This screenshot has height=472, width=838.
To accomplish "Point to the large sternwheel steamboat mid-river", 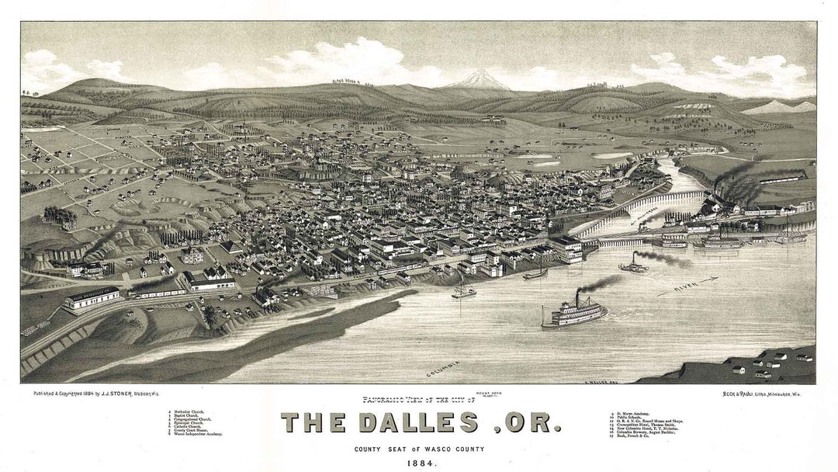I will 574,312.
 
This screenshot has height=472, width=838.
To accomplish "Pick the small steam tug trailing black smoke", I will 633,266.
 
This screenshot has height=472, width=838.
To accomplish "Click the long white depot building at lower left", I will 92,297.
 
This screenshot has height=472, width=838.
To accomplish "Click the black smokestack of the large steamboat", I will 577,299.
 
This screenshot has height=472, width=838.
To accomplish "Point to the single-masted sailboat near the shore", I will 463,290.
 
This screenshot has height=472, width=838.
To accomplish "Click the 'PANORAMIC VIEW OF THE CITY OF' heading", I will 417,400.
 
